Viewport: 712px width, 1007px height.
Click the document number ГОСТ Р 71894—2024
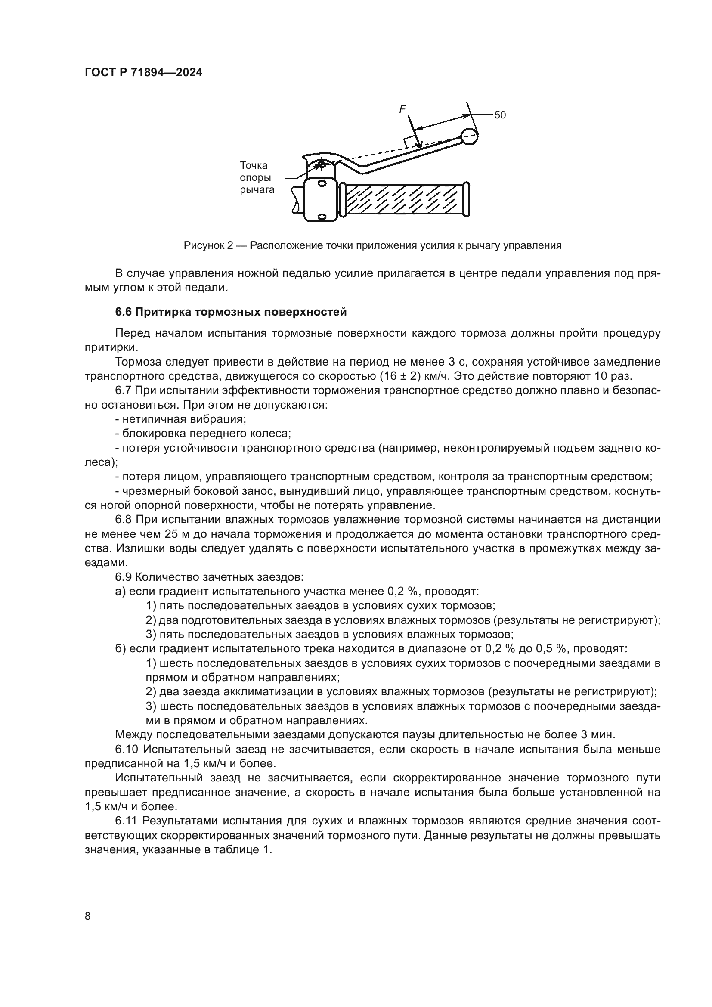[143, 73]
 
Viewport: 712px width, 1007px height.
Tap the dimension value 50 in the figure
[500, 115]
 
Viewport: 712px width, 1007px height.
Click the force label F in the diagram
[402, 110]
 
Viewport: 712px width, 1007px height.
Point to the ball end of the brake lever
[469, 136]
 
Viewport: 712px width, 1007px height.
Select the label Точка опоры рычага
[257, 178]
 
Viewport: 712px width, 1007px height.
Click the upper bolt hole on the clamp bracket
[322, 183]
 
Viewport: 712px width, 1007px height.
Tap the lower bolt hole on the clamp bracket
[322, 217]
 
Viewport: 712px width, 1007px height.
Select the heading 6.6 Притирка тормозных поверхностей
[231, 312]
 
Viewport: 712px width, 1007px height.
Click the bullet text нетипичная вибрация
[184, 419]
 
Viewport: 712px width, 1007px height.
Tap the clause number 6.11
[126, 821]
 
